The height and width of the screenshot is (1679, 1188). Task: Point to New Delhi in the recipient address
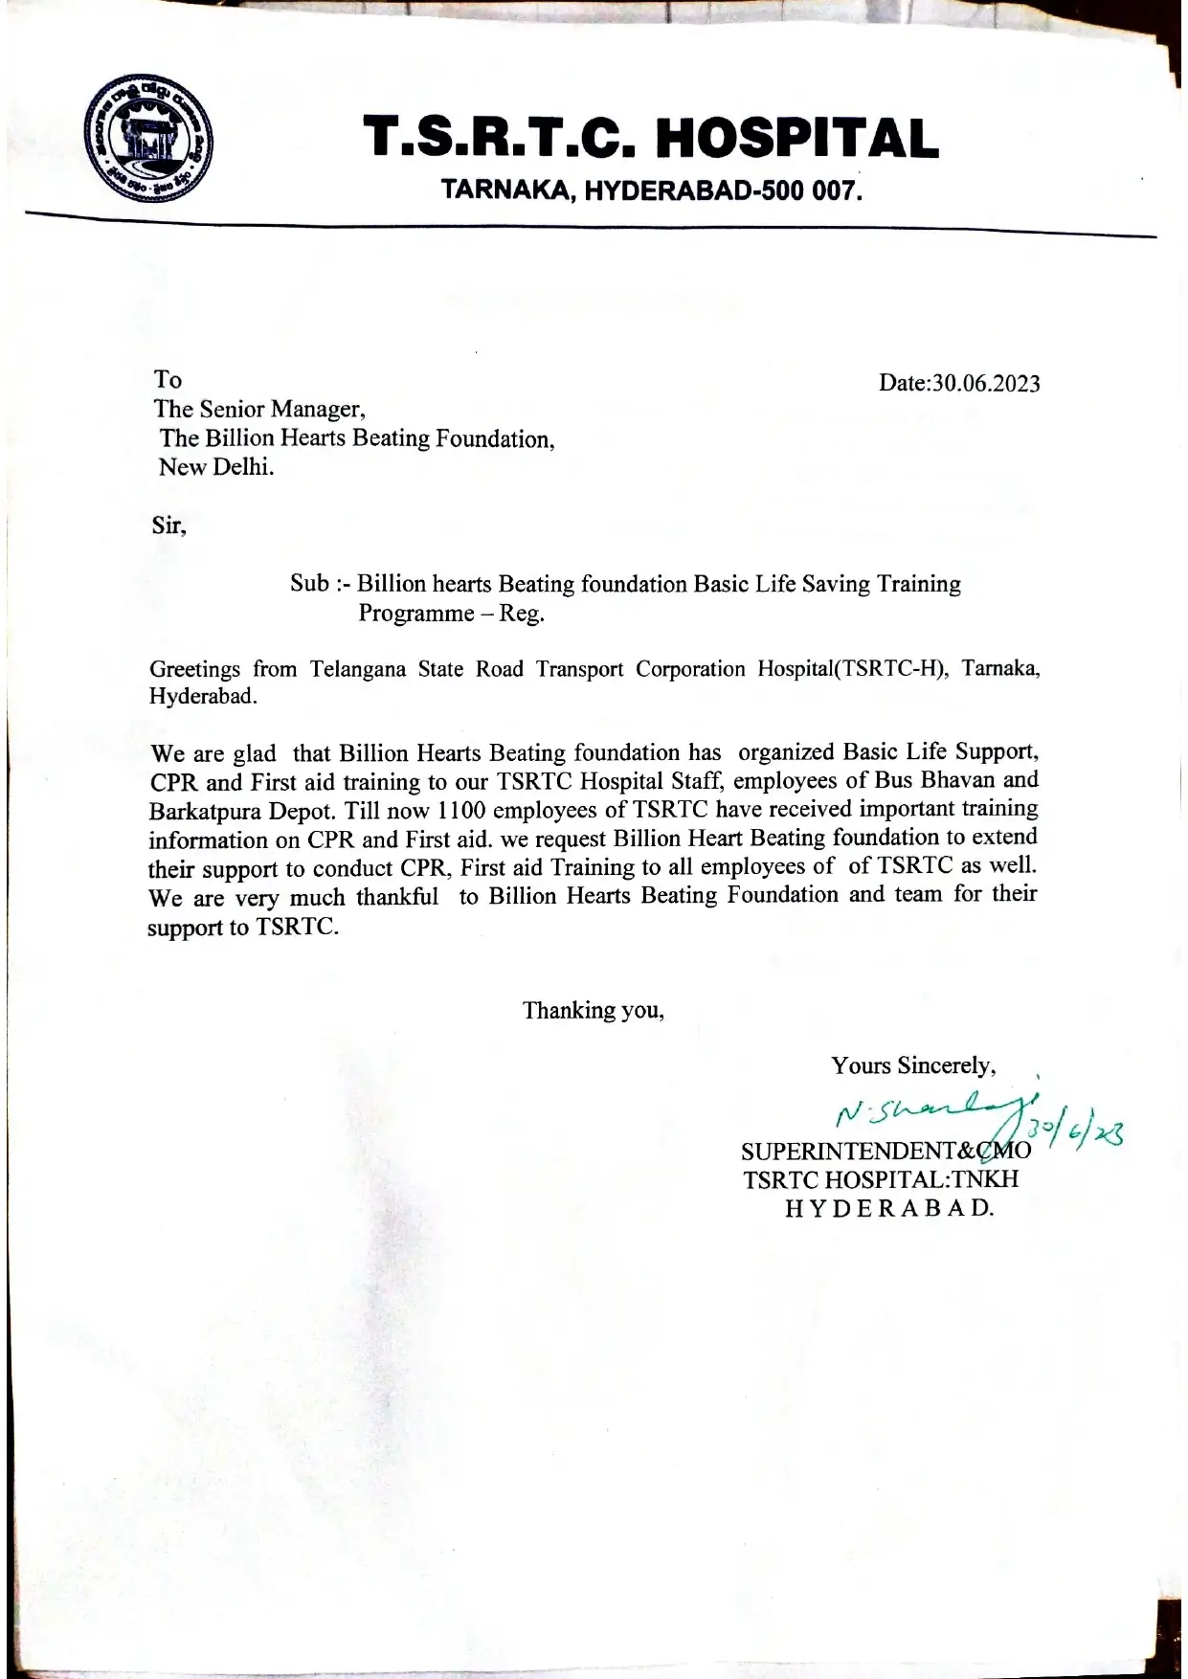[x=216, y=468]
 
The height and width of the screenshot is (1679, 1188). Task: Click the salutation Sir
[x=168, y=526]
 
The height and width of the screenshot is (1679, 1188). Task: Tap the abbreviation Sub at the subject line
[x=309, y=584]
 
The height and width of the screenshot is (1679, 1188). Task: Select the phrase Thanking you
[x=593, y=1010]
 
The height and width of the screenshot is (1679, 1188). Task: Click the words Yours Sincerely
[x=913, y=1066]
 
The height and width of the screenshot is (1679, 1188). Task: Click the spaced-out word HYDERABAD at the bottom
[x=889, y=1208]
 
